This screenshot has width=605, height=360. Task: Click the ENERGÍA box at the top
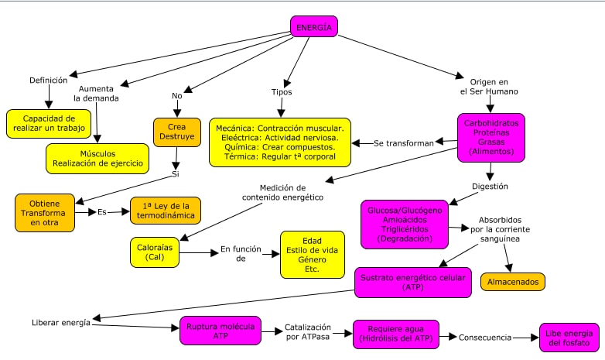[314, 28]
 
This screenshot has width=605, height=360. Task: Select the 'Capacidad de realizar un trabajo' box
[49, 123]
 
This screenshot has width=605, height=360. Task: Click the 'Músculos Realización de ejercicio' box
[97, 158]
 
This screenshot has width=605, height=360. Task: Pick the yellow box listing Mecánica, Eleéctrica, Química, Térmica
[279, 142]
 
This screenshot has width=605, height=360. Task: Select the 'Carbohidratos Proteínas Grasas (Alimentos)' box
[490, 137]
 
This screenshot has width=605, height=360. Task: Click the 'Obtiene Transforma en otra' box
[45, 211]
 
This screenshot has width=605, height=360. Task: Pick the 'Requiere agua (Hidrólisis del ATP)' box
[395, 334]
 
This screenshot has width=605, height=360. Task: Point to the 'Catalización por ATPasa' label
[313, 332]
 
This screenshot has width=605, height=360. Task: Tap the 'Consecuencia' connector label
[485, 338]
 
